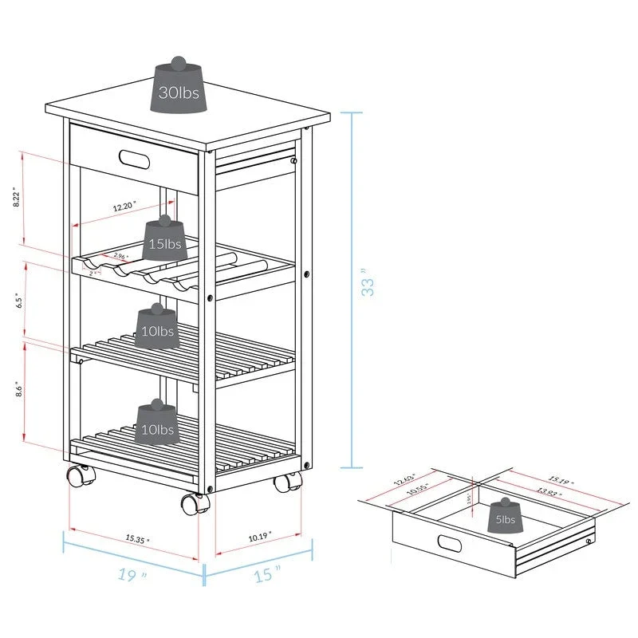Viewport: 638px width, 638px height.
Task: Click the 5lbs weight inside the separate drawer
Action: pos(504,518)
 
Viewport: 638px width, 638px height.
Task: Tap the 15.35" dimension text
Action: pos(137,540)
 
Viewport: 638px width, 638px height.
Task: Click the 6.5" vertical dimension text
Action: pos(17,301)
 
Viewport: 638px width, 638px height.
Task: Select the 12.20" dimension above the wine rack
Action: pos(124,207)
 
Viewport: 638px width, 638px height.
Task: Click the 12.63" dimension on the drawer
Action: pos(406,481)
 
